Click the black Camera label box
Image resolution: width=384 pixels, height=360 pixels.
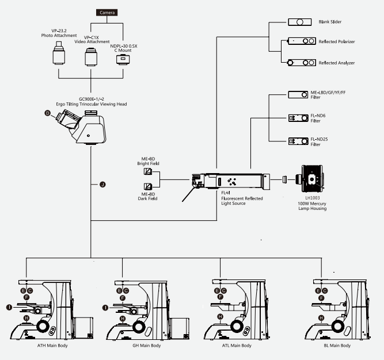click(x=107, y=13)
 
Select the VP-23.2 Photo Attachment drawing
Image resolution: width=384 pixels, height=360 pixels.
click(x=59, y=53)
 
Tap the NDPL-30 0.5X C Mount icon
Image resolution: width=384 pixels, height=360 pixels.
click(x=123, y=59)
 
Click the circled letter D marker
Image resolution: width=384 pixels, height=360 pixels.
click(x=48, y=113)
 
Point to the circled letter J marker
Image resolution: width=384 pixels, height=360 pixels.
click(x=102, y=185)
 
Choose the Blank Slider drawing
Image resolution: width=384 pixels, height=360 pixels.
click(x=300, y=22)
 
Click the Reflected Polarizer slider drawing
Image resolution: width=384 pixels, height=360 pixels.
click(x=301, y=41)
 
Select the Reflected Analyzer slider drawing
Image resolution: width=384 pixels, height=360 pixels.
click(x=301, y=63)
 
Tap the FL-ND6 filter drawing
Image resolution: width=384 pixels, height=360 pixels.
click(x=298, y=118)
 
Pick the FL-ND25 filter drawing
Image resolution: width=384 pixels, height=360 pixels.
click(x=298, y=141)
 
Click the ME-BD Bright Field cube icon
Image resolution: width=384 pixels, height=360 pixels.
click(x=148, y=171)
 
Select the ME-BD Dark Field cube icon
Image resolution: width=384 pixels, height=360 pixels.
click(x=148, y=186)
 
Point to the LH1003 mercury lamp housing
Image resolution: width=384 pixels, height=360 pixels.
click(x=310, y=179)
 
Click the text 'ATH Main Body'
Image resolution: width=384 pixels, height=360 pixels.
click(x=52, y=346)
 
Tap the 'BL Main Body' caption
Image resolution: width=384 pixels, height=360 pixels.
click(x=337, y=346)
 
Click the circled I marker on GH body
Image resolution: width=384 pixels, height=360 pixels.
click(x=105, y=308)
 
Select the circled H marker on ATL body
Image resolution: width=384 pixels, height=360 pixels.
click(x=220, y=317)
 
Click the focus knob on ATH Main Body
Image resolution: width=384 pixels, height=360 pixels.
click(x=43, y=326)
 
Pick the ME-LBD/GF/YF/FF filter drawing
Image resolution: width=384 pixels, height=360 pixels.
click(x=298, y=95)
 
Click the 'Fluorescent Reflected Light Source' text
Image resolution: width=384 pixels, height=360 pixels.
click(x=242, y=201)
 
